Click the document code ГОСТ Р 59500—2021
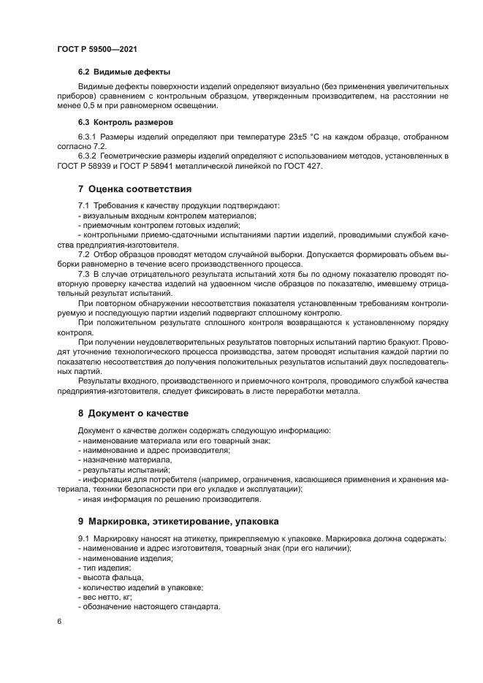[x=96, y=49]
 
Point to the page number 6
[x=59, y=621]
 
